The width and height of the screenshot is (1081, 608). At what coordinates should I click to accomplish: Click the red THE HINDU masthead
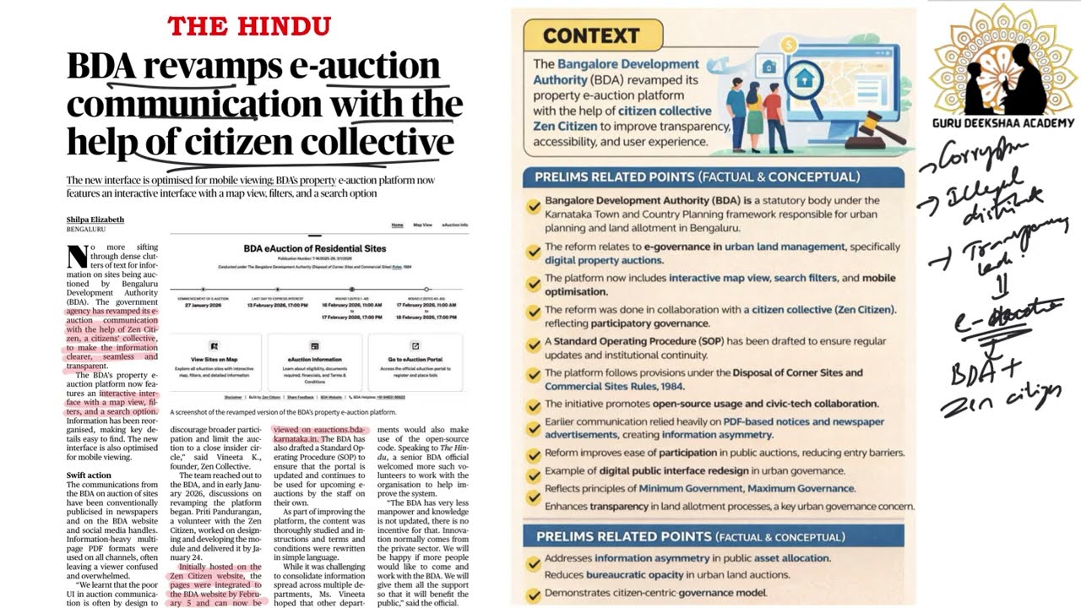(249, 26)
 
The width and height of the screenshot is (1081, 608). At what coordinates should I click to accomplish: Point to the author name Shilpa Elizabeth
(95, 220)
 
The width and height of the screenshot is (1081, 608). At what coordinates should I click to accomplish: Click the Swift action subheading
(89, 475)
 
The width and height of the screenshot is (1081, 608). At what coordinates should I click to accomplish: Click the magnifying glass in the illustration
(810, 84)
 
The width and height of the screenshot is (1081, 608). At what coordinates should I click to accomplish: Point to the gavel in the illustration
(877, 128)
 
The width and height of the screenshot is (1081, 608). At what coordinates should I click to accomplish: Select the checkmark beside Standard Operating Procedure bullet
(534, 345)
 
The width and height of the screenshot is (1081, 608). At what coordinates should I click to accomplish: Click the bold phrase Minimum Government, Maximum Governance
(747, 488)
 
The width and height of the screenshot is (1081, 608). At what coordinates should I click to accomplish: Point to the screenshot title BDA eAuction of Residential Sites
(315, 248)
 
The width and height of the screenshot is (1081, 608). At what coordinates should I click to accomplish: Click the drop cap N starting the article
(76, 254)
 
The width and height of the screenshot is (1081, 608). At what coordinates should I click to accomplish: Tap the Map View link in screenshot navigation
(422, 225)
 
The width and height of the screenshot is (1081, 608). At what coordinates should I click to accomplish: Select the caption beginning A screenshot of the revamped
(283, 412)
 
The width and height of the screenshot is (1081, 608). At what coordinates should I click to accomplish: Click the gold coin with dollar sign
(788, 45)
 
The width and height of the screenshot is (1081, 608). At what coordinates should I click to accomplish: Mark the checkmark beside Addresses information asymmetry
(534, 559)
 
